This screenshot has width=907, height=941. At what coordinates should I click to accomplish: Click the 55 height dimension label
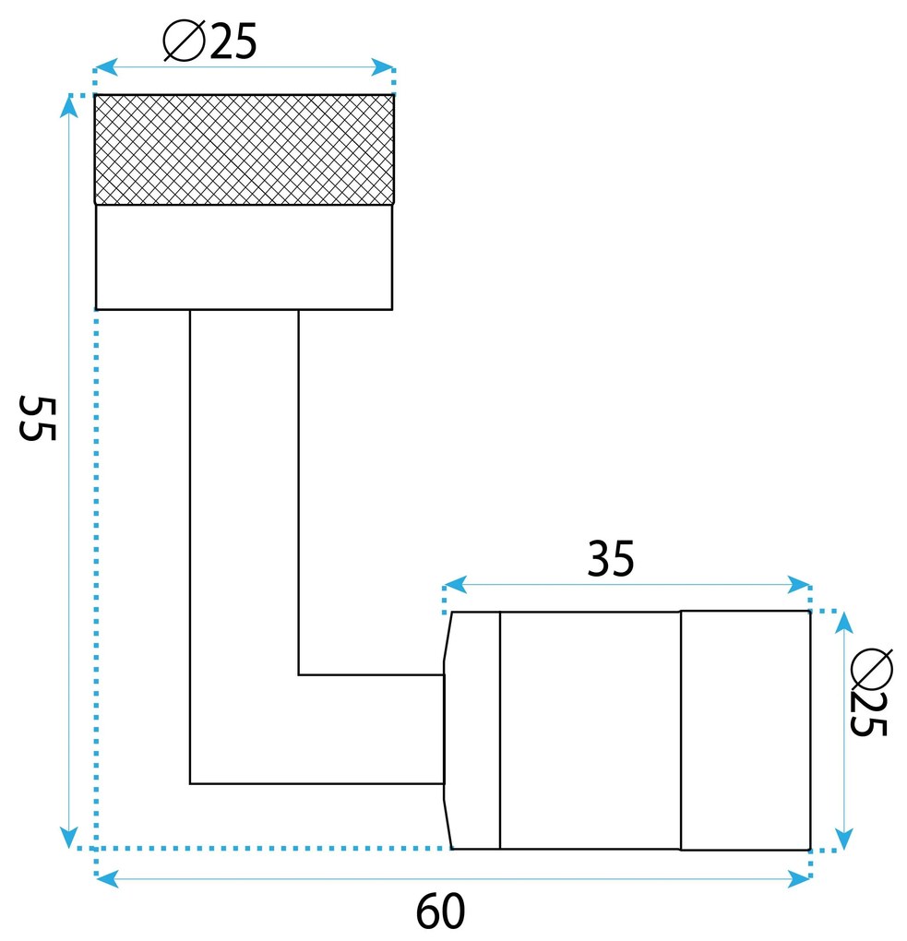(x=38, y=418)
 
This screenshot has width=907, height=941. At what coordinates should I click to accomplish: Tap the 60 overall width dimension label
(x=441, y=911)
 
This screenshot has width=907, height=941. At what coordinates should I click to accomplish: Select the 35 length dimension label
(x=611, y=559)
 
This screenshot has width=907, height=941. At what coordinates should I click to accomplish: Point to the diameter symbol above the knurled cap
(x=185, y=41)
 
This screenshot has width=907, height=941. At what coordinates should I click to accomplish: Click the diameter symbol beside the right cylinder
(x=872, y=669)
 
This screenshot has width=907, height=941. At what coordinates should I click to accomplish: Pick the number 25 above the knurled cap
(x=233, y=42)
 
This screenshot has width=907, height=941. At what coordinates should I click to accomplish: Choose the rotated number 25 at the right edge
(x=868, y=714)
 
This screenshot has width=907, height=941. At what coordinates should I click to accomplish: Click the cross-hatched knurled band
(x=245, y=149)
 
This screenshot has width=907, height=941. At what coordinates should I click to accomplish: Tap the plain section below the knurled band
(x=245, y=257)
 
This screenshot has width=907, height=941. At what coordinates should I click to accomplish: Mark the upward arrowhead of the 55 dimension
(x=69, y=107)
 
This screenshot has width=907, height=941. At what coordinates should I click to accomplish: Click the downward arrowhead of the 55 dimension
(x=69, y=837)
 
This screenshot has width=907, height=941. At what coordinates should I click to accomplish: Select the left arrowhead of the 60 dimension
(x=107, y=880)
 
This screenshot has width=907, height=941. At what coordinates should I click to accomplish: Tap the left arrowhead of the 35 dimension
(x=455, y=585)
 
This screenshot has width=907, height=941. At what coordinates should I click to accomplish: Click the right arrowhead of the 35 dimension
(x=799, y=585)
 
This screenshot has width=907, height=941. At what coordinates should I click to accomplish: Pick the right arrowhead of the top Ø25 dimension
(x=382, y=67)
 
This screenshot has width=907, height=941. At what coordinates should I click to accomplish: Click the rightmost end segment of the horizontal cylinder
(x=746, y=731)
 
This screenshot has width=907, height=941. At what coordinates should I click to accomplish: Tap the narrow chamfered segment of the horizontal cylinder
(x=472, y=731)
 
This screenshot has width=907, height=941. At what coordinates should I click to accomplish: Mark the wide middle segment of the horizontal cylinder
(x=591, y=731)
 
